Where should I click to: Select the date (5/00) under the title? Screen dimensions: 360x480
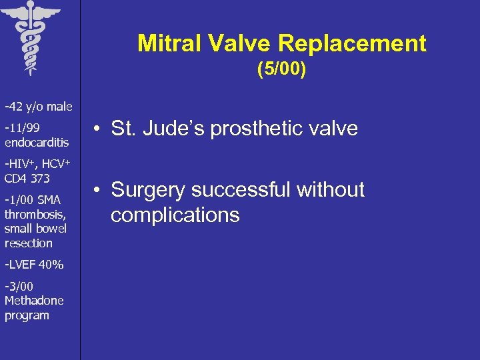point(281,70)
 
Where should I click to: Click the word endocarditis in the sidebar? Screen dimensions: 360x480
point(37,142)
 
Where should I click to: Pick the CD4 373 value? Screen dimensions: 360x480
point(27,178)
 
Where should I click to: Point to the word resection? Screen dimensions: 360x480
point(28,243)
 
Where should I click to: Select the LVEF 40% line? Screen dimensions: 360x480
point(34,265)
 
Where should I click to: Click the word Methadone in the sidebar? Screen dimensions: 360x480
point(34,301)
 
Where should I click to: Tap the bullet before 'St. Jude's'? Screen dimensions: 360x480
point(97,129)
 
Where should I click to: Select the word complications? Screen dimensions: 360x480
point(175,215)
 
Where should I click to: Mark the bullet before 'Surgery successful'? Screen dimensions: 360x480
point(97,190)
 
